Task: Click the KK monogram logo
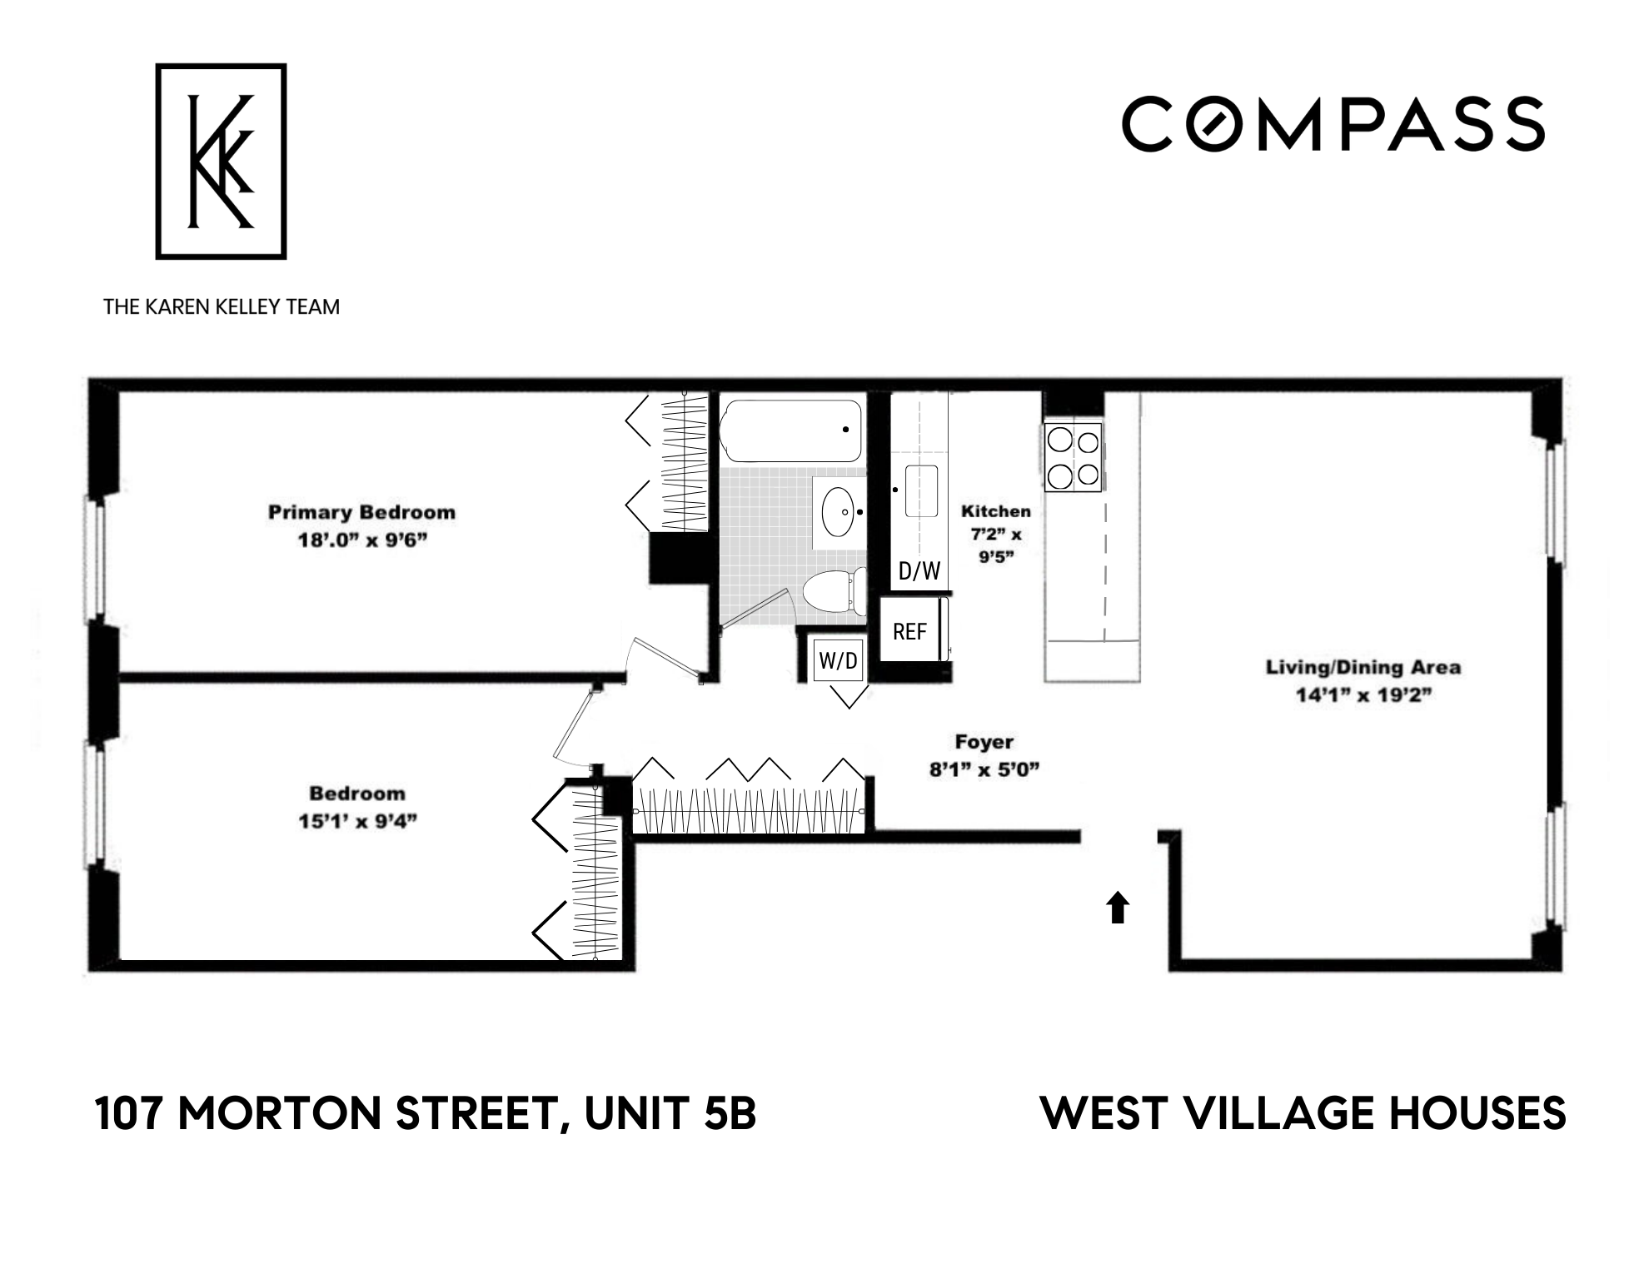coord(221,162)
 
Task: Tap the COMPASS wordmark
coord(1333,124)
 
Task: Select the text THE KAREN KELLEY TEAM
coord(222,307)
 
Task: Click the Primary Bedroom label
coord(361,512)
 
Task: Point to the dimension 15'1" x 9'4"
coord(357,822)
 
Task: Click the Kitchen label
coord(995,511)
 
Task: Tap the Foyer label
coord(984,741)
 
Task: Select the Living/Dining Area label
coord(1363,667)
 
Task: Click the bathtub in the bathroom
coord(790,430)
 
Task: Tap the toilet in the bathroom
coord(834,590)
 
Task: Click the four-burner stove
coord(1074,457)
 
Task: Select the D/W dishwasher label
coord(919,571)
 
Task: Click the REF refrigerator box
coord(909,632)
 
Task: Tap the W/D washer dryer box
coord(838,661)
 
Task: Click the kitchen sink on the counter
coord(921,491)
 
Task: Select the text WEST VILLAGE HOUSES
coord(1303,1114)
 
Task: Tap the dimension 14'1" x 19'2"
coord(1363,695)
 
